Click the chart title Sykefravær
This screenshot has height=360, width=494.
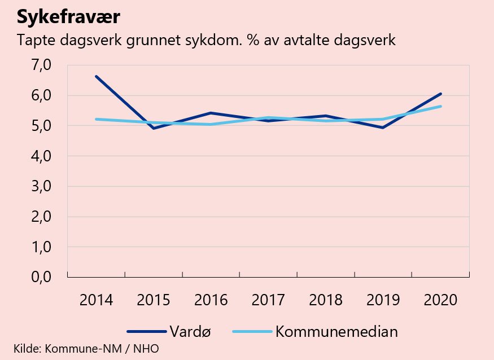[x=68, y=17]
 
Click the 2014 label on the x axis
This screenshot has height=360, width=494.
[x=96, y=299]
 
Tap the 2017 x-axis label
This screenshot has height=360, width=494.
[x=268, y=299]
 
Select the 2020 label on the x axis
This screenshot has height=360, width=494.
[x=440, y=299]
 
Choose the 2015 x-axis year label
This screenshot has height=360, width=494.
[x=154, y=299]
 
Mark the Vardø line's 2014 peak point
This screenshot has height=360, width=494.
[x=96, y=76]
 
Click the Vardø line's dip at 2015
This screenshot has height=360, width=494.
[x=154, y=128]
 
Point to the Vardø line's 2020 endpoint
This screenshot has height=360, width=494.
[x=440, y=94]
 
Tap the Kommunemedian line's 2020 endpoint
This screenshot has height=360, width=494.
[x=440, y=106]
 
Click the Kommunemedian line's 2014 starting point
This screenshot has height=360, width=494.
[x=96, y=119]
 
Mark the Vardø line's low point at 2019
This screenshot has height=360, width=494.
[x=383, y=128]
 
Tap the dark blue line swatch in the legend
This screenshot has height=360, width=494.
[x=146, y=332]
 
